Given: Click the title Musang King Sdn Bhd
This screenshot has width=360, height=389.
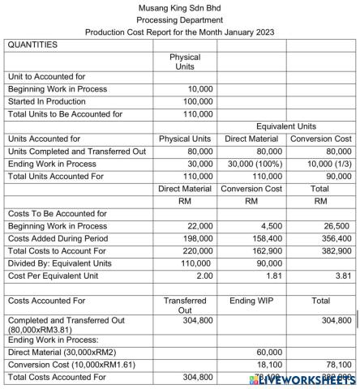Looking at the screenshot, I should pyautogui.click(x=180, y=7).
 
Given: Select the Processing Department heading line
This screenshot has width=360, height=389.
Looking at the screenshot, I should pyautogui.click(x=180, y=19).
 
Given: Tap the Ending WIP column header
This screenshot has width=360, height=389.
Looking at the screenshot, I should pyautogui.click(x=251, y=300).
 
